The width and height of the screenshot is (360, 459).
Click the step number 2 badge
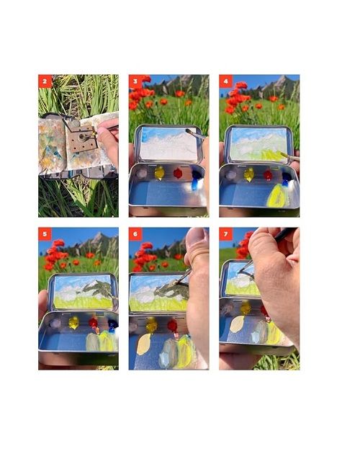[45, 81]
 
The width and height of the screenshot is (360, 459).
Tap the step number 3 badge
[135, 81]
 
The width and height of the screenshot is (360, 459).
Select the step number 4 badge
[225, 81]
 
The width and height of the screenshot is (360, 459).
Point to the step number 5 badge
[45, 234]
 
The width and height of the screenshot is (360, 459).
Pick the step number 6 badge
[135, 234]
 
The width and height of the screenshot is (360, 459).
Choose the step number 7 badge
[225, 234]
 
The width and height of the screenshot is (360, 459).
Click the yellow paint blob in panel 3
[159, 173]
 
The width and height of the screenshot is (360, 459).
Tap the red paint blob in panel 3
[178, 173]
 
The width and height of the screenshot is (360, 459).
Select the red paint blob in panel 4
[268, 175]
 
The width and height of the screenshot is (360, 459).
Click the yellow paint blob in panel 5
[73, 323]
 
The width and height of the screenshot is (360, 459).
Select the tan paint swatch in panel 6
[143, 344]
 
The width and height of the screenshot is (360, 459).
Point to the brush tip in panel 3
[188, 131]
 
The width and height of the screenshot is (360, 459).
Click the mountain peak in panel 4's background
[282, 76]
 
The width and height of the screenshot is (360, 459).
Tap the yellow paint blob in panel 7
[245, 308]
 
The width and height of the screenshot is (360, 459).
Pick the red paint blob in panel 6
[172, 326]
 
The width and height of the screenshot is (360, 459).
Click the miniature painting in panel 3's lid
[168, 143]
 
